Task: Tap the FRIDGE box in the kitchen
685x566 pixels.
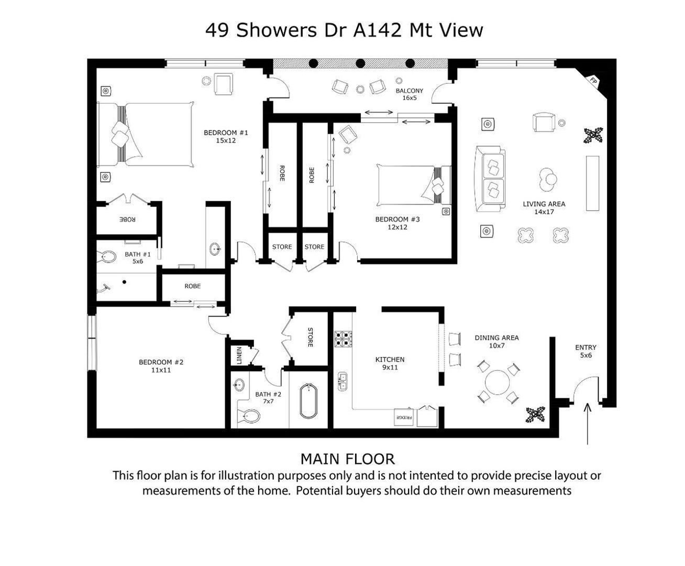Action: pyautogui.click(x=404, y=417)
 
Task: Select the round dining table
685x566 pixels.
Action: pyautogui.click(x=498, y=383)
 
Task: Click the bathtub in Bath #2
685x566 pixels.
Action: pyautogui.click(x=308, y=401)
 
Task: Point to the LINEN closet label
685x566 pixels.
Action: pyautogui.click(x=239, y=355)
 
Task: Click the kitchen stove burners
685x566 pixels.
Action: pyautogui.click(x=343, y=339)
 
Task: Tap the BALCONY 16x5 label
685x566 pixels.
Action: pyautogui.click(x=410, y=94)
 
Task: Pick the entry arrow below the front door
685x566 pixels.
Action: pyautogui.click(x=587, y=423)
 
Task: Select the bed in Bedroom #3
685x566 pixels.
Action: pyautogui.click(x=414, y=186)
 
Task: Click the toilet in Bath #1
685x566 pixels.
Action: pyautogui.click(x=107, y=256)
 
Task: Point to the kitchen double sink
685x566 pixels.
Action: pyautogui.click(x=342, y=382)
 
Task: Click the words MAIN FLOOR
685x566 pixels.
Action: pyautogui.click(x=348, y=459)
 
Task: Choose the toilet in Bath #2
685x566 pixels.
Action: pyautogui.click(x=248, y=416)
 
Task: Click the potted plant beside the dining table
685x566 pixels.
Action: pyautogui.click(x=535, y=415)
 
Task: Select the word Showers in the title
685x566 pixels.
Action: pyautogui.click(x=277, y=30)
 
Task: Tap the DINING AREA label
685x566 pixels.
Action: pyautogui.click(x=496, y=338)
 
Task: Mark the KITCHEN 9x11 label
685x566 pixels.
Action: pyautogui.click(x=390, y=363)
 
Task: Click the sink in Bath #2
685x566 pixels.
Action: pyautogui.click(x=239, y=384)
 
